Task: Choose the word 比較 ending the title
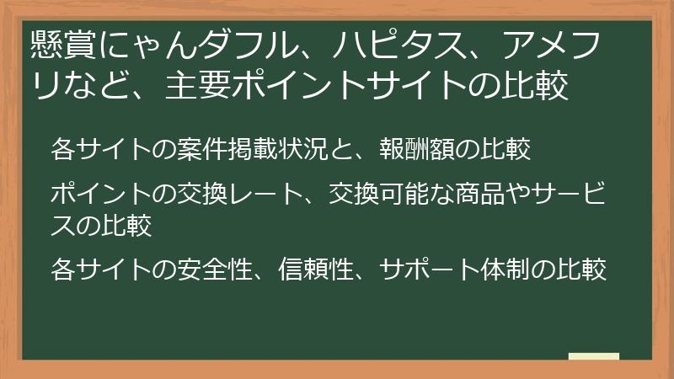tap(546, 87)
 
